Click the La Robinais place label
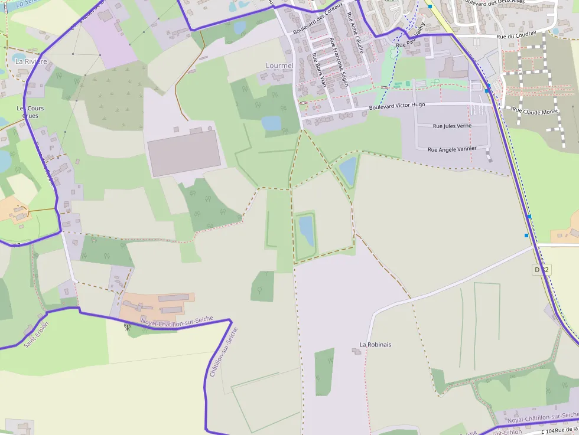375,345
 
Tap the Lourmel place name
279,66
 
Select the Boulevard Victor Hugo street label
396,106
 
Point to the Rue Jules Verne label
452,126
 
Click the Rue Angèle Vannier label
452,149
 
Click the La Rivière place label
27,61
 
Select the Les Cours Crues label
30,112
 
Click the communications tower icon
127,325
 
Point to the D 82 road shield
541,270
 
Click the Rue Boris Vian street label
319,70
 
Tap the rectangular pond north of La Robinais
306,230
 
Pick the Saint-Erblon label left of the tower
36,334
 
